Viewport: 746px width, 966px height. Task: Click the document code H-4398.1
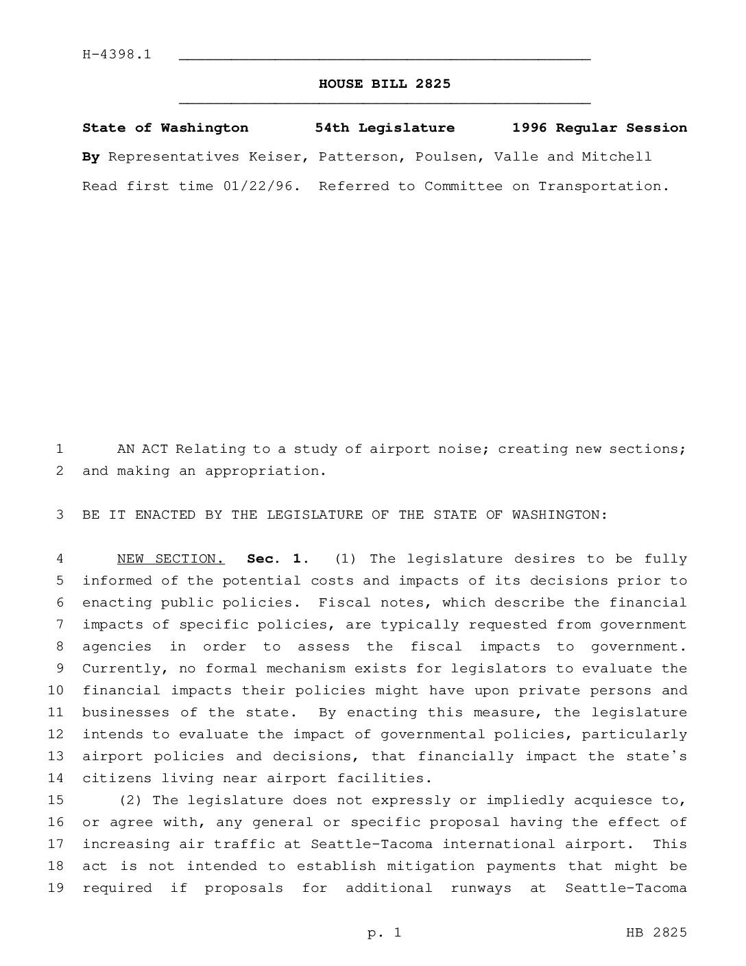point(117,55)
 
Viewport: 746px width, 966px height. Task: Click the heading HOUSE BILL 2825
point(385,84)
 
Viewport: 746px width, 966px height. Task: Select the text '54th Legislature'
point(385,128)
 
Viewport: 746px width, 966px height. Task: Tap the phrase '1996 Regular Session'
point(599,128)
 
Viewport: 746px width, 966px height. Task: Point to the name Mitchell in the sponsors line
point(616,157)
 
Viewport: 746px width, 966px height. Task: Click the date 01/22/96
point(261,187)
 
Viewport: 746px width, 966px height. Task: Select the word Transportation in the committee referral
point(603,187)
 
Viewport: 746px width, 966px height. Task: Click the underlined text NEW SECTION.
point(170,559)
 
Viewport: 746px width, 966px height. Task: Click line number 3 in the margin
point(60,515)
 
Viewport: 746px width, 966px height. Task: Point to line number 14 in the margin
point(56,779)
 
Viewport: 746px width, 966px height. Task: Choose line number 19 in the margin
point(56,888)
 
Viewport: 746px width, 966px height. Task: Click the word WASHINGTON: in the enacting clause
point(559,515)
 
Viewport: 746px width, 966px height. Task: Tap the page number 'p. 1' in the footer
point(384,932)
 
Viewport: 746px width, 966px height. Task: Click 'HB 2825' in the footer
point(655,932)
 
